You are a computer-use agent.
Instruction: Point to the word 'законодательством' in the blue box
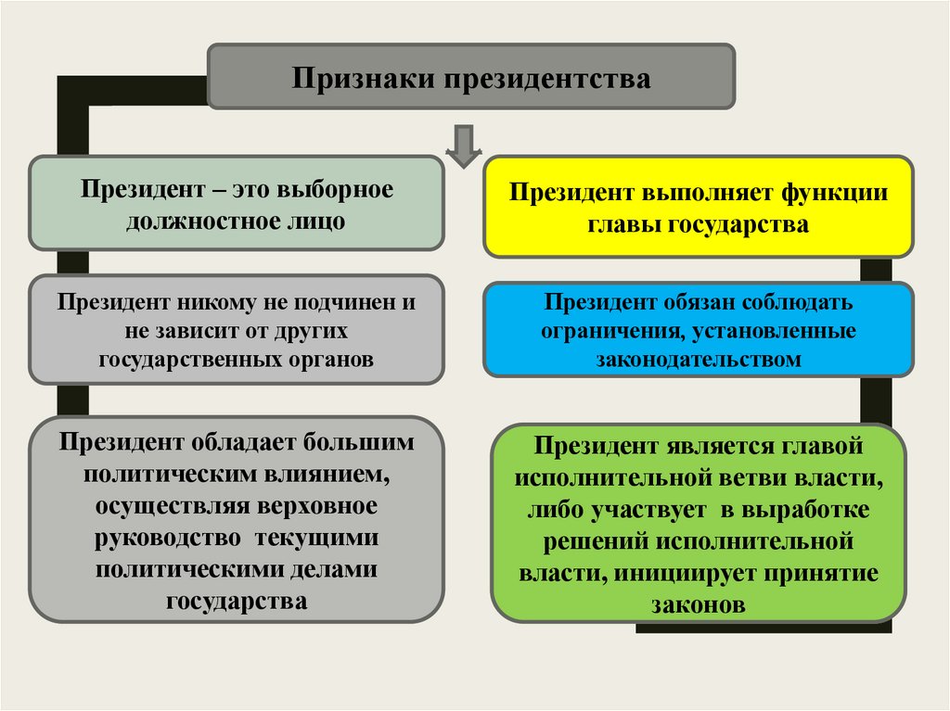699,360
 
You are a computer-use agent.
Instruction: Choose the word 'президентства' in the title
545,78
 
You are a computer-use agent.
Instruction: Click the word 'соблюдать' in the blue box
804,303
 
